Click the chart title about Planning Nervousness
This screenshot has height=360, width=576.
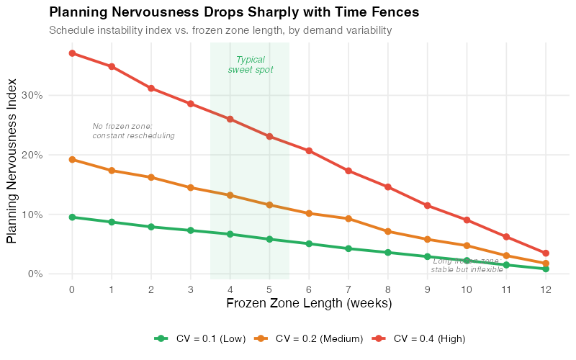(233, 13)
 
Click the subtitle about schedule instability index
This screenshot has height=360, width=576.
(220, 30)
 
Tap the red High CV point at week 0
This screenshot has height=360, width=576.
(72, 53)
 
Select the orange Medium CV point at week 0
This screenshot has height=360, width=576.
(72, 159)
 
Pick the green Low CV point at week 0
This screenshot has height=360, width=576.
(72, 217)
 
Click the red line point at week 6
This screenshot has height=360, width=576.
(309, 150)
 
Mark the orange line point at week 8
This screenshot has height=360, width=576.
(388, 232)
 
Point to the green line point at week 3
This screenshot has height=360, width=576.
(191, 230)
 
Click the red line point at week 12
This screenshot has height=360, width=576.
(546, 253)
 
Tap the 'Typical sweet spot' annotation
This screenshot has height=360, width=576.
(251, 65)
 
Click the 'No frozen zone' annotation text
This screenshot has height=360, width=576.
(133, 131)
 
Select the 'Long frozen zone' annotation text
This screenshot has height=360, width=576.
(467, 265)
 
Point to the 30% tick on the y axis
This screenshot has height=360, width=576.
(34, 95)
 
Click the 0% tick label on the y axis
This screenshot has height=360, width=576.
(36, 274)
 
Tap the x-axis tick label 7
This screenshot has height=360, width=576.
(348, 289)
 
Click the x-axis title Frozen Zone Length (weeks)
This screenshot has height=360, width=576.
(309, 304)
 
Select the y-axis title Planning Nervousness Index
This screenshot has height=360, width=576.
(12, 159)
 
